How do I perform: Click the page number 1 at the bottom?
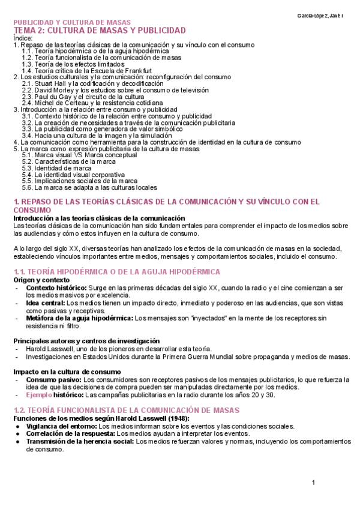313,483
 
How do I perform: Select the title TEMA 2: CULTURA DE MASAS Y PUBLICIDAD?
100,30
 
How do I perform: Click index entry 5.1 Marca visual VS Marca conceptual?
88,155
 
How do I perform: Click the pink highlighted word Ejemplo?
38,396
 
